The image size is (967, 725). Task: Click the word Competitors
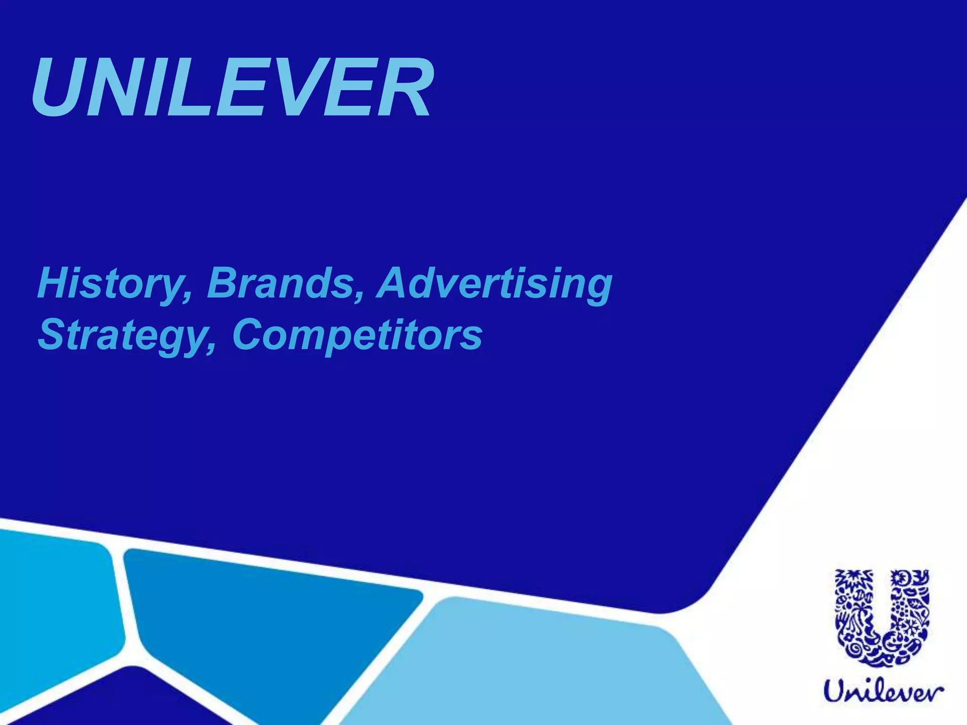click(357, 335)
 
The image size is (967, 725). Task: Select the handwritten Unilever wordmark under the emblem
click(883, 692)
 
